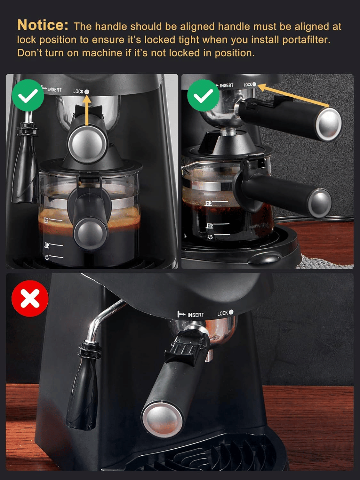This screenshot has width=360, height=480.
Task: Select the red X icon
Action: pos(30,298)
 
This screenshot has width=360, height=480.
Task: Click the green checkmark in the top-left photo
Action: pos(28,95)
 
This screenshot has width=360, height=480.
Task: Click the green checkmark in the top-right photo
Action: pos(203,95)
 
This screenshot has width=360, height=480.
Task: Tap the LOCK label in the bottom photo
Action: pos(223,313)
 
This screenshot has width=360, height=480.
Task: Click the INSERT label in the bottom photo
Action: pos(196,315)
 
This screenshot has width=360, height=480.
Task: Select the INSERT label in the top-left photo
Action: pos(55,90)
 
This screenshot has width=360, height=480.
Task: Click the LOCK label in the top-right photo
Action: pos(248,84)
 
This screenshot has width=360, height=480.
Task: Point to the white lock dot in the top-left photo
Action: pos(87,92)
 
